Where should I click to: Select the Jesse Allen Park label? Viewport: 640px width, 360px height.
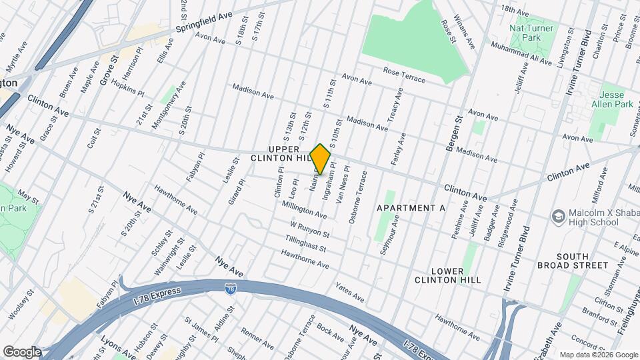coord(616,99)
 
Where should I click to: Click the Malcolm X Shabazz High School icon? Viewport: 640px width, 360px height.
coord(558,216)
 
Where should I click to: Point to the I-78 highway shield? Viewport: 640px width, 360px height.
coord(230,288)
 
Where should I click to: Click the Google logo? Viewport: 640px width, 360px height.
coord(21,352)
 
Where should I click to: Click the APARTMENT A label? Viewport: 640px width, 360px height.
coord(411,208)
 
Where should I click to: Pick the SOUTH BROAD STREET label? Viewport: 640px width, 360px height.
coord(582,261)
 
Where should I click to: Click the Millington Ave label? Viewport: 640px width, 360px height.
coord(303,212)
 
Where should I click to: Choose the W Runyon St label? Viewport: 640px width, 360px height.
coord(309,231)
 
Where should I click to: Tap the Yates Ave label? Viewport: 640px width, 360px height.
coord(349,292)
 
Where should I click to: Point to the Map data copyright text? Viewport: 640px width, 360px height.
coord(599,355)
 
